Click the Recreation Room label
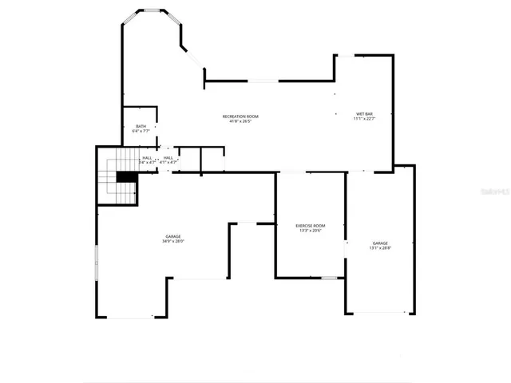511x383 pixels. point(240,116)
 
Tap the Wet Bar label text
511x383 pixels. point(364,114)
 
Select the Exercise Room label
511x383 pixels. point(311,226)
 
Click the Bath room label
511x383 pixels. point(141,126)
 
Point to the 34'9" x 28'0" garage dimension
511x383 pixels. point(173,242)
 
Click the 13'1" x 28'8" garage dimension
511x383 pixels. point(380,248)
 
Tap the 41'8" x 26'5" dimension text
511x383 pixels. point(240,122)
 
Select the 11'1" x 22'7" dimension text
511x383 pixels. point(364,120)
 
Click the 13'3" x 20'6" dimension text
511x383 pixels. point(311,231)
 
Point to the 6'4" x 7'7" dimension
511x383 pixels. point(141,131)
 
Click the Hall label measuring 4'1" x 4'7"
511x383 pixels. point(168,157)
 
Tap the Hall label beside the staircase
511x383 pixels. point(148,157)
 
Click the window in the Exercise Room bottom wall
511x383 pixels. point(328,278)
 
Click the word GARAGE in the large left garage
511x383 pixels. point(173,236)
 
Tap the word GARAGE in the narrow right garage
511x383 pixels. point(380,243)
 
